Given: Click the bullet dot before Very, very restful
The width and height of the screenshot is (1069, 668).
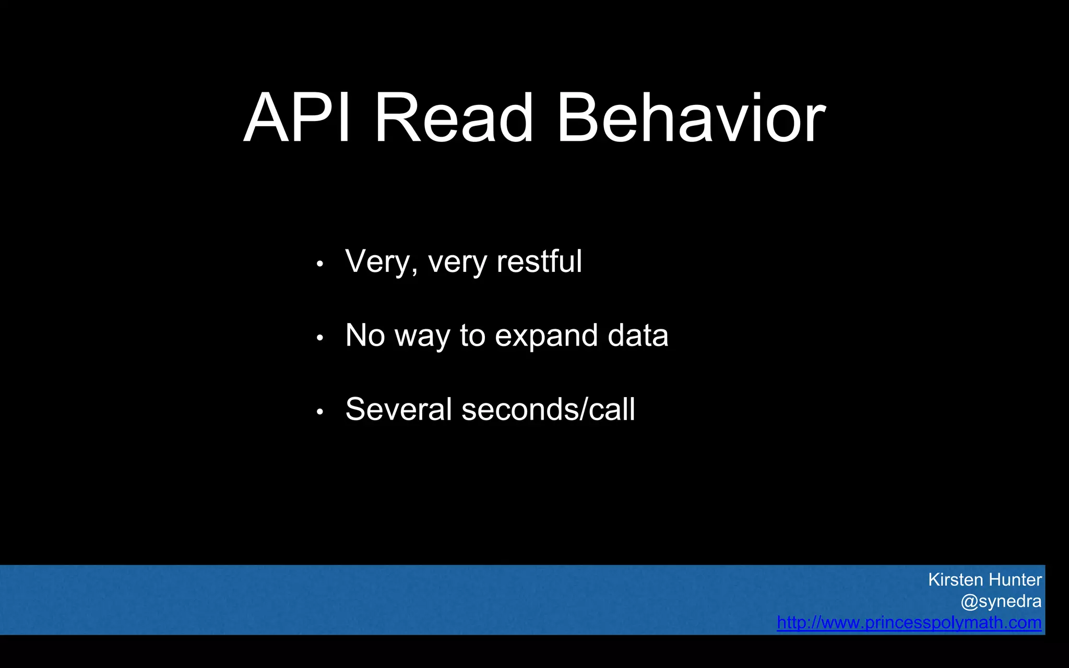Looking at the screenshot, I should (x=320, y=264).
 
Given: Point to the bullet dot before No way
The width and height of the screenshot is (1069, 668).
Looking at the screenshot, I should (x=320, y=338).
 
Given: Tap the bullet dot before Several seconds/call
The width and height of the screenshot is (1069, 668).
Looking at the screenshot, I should (x=320, y=412).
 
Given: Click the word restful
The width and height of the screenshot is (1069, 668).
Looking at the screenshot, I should (x=539, y=261).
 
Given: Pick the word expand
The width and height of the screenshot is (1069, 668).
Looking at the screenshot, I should (x=545, y=336).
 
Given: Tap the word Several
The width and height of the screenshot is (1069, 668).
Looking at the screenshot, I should (x=398, y=409).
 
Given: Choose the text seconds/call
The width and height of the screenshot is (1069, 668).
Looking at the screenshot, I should (x=548, y=409).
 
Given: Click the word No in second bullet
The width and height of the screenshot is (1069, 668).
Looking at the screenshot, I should (x=365, y=335).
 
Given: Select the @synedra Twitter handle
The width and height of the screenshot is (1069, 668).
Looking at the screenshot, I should (x=1001, y=602).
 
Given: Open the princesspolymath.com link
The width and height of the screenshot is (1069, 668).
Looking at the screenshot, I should (x=909, y=623).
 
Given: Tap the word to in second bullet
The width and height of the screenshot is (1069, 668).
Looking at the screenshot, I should (x=472, y=335).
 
